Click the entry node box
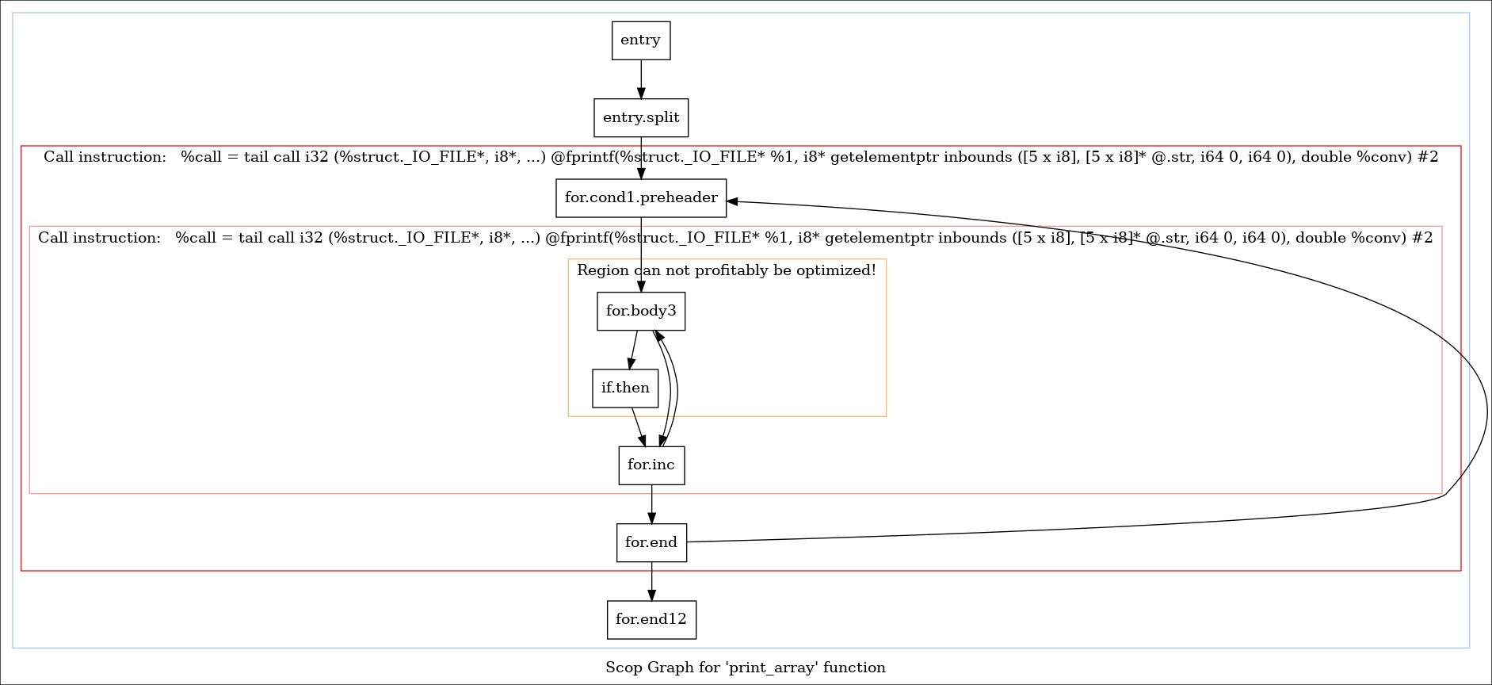(640, 40)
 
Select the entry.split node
(640, 117)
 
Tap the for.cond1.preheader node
(640, 197)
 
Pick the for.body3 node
(640, 311)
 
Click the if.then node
(624, 388)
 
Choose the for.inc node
(651, 465)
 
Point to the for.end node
(651, 542)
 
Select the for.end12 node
(651, 619)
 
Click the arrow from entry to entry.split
(640, 78)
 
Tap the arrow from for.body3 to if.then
(633, 350)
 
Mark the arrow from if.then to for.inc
(638, 427)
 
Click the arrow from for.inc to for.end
(651, 504)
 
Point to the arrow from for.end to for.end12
(651, 581)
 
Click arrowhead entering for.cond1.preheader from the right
(733, 201)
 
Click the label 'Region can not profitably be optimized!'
(726, 270)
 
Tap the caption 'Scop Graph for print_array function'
(745, 667)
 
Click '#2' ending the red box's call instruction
(1427, 157)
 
